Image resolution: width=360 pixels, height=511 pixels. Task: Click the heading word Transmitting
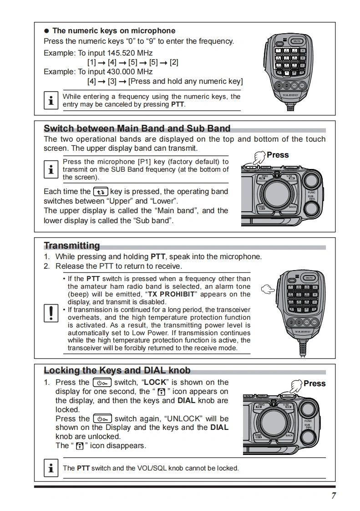(71, 246)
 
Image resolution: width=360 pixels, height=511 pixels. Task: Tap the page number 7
(334, 496)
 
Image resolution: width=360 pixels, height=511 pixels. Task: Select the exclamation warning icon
(51, 313)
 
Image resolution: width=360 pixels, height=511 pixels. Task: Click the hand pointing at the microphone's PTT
(269, 289)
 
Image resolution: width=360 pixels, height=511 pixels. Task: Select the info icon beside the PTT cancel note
(51, 101)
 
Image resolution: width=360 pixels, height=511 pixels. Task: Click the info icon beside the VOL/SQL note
(51, 468)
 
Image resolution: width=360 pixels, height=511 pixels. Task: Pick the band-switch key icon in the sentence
(100, 192)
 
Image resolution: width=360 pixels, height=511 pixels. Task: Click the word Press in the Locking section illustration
(314, 383)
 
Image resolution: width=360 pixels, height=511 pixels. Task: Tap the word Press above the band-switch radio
(278, 155)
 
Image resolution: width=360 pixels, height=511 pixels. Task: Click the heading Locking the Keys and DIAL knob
(117, 370)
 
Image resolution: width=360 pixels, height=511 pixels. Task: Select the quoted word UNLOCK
(184, 419)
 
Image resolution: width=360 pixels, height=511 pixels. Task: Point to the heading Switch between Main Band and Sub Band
(137, 128)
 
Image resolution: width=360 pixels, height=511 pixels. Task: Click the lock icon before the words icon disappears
(79, 446)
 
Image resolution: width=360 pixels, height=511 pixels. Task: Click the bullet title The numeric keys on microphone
(114, 31)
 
